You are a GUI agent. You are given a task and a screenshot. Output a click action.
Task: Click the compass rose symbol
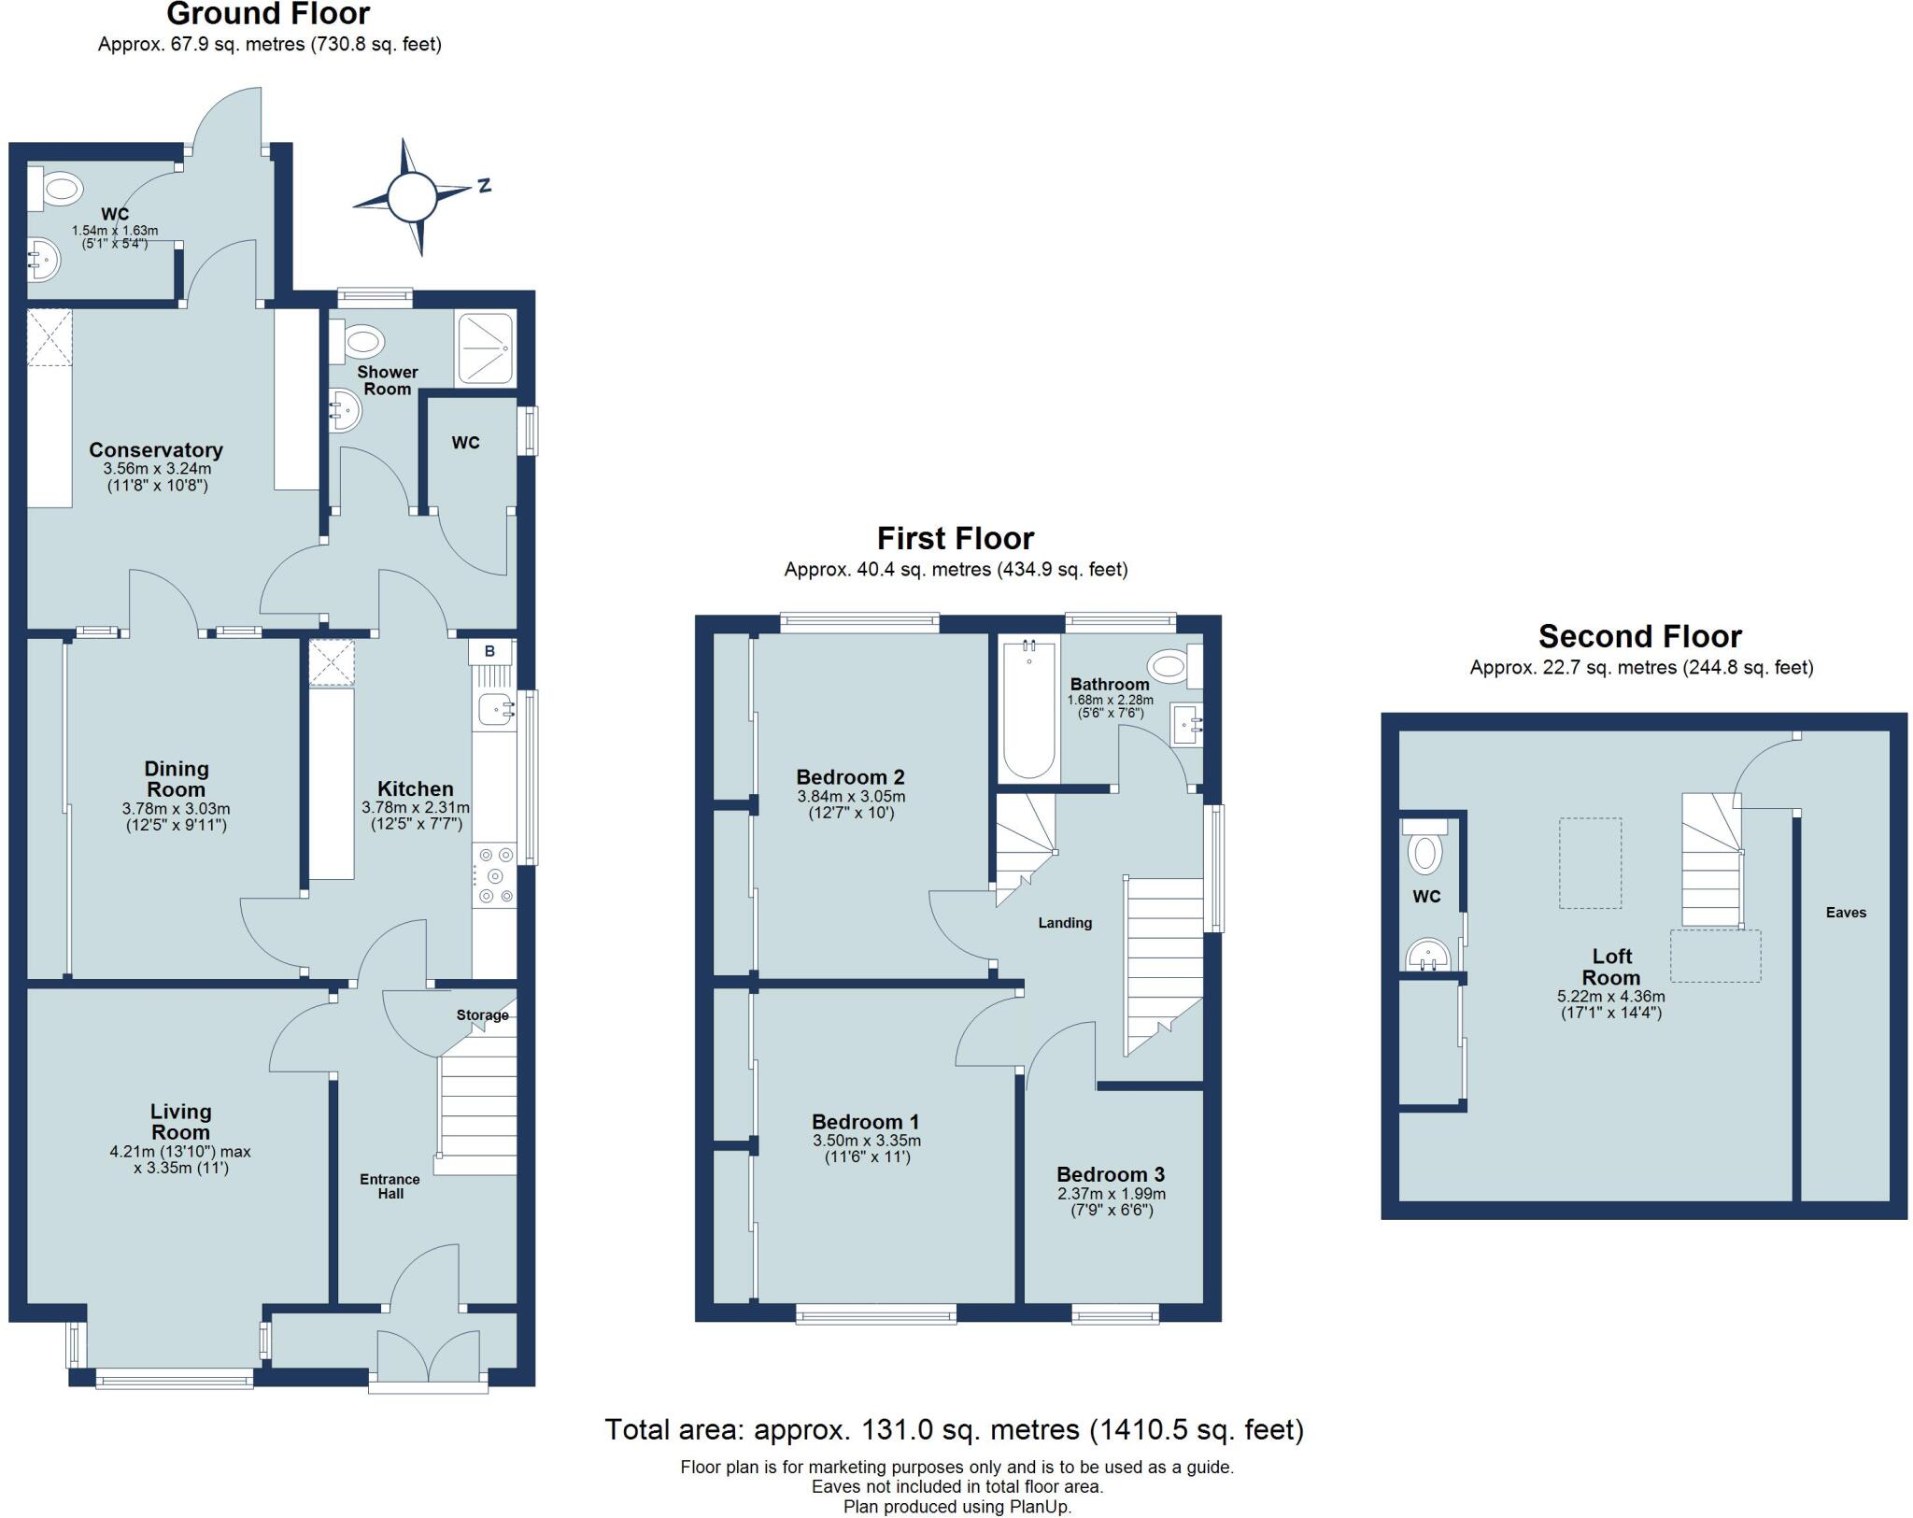pyautogui.click(x=412, y=197)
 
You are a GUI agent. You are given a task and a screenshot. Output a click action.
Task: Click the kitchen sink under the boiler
pyautogui.click(x=495, y=711)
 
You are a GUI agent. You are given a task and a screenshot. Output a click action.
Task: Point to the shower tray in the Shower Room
pyautogui.click(x=484, y=348)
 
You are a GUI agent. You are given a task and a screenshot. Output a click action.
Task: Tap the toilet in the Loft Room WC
pyautogui.click(x=1425, y=852)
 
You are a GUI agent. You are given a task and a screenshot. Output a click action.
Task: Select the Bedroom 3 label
pyautogui.click(x=1111, y=1174)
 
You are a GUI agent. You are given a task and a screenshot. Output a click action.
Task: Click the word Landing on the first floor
pyautogui.click(x=1065, y=923)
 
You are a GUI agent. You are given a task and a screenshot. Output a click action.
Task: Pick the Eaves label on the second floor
pyautogui.click(x=1846, y=913)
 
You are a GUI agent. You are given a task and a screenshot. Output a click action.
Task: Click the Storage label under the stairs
pyautogui.click(x=482, y=1015)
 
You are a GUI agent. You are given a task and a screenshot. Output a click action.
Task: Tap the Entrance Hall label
pyautogui.click(x=390, y=1186)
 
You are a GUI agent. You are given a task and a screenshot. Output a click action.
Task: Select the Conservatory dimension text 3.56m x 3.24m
pyautogui.click(x=156, y=469)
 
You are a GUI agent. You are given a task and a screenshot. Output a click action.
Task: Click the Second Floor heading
pyautogui.click(x=1639, y=636)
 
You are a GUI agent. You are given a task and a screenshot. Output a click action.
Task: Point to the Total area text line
pyautogui.click(x=954, y=1429)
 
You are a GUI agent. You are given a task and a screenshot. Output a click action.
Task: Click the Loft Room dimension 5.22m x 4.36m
pyautogui.click(x=1610, y=997)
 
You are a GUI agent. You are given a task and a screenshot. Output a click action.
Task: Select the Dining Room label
pyautogui.click(x=177, y=778)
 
